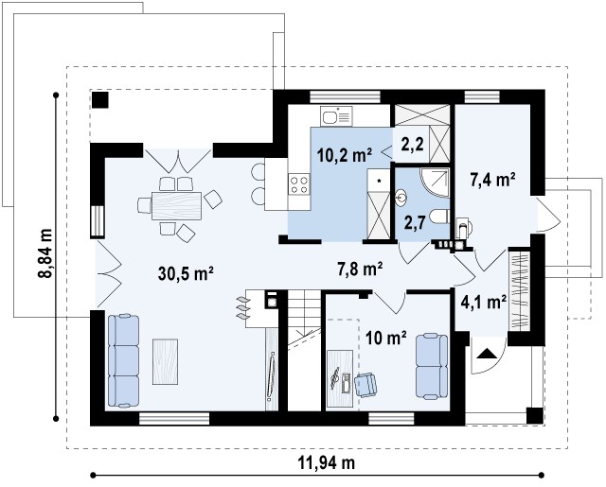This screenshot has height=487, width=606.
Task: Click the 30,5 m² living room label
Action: [x=186, y=273]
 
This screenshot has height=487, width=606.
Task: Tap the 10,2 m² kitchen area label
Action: [x=345, y=155]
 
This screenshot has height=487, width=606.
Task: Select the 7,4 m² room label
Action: [x=492, y=180]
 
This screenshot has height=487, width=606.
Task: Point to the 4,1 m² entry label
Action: [x=484, y=303]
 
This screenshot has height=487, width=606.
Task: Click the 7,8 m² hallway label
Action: [x=361, y=269]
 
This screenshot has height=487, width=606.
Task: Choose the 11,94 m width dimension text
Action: [x=326, y=462]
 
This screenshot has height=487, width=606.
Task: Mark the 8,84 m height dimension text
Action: [x=45, y=253]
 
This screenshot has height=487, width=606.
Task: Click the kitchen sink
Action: [x=336, y=115]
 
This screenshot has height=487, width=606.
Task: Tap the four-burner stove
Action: [x=299, y=184]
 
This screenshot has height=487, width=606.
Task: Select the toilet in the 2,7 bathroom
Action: [x=439, y=217]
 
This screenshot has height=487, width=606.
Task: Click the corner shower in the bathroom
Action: [x=436, y=182]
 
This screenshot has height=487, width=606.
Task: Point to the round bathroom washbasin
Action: [x=401, y=197]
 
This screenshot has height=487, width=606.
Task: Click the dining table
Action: [x=177, y=206]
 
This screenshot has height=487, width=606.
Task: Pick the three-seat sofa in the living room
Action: [x=123, y=360]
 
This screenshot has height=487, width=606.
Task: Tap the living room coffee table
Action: [x=165, y=361]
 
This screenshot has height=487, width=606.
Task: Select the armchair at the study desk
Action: [x=365, y=385]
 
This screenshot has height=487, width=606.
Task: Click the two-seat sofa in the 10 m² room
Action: [x=432, y=366]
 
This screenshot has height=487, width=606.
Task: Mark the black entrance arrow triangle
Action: [x=486, y=354]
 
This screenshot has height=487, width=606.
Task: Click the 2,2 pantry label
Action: [x=413, y=145]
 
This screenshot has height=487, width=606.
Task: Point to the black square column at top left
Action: [x=100, y=100]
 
